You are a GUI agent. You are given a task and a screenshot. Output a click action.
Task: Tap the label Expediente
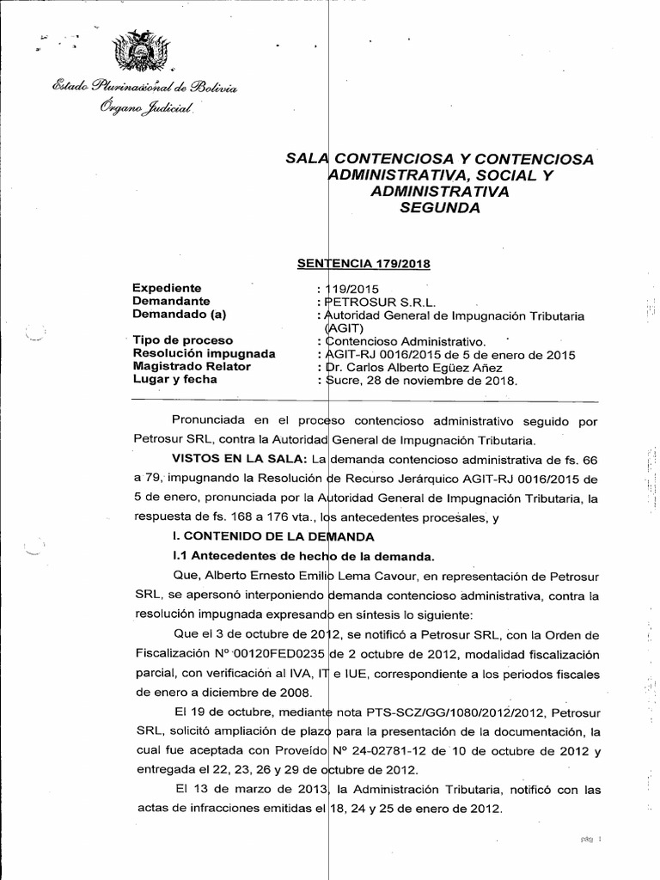coord(167,289)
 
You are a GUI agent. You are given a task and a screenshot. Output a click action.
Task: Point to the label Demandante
coord(172,302)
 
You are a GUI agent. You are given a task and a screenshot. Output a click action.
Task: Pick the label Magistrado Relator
coord(191,366)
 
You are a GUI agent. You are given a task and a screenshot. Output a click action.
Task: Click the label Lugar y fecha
coord(175,379)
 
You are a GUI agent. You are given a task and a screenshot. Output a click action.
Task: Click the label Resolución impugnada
coord(204,353)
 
